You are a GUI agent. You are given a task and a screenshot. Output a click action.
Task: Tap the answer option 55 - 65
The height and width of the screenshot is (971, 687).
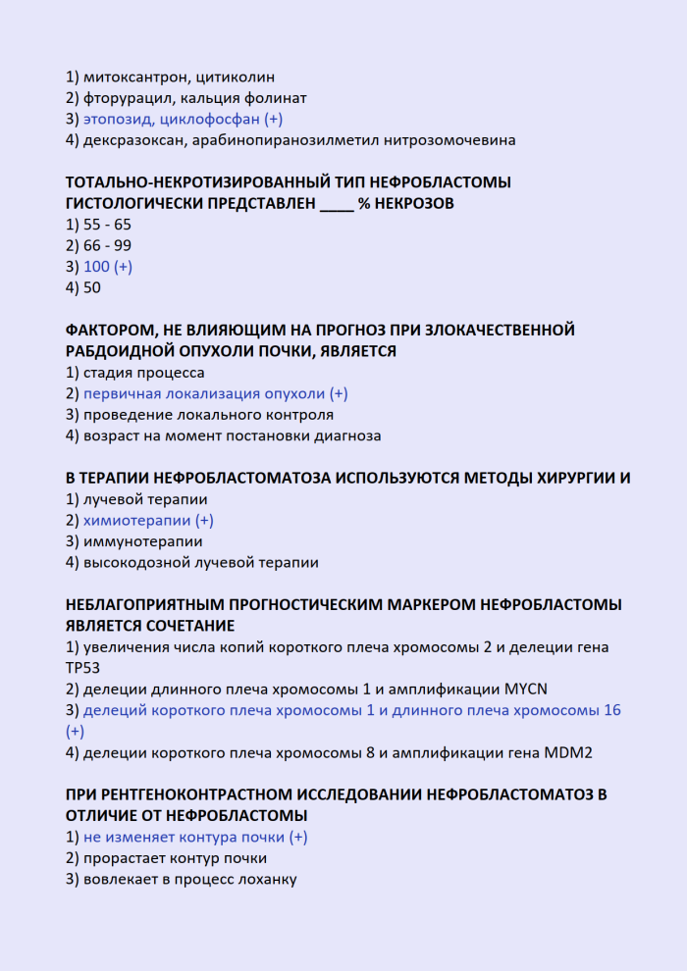(x=107, y=225)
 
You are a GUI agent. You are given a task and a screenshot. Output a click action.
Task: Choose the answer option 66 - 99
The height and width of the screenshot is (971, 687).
(x=107, y=245)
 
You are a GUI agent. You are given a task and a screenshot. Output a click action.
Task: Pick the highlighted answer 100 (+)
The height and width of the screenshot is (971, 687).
(x=108, y=267)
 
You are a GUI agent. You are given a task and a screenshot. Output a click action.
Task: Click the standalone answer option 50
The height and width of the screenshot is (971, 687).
(x=92, y=288)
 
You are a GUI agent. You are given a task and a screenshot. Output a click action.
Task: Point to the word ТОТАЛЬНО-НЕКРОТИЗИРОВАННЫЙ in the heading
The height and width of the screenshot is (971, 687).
(x=197, y=182)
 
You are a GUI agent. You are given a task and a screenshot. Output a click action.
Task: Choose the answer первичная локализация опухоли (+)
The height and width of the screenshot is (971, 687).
(x=216, y=393)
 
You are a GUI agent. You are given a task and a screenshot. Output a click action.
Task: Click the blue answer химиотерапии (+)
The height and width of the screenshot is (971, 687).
(x=148, y=521)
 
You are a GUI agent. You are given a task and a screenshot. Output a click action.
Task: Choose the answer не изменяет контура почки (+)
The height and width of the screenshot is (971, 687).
(x=195, y=838)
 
